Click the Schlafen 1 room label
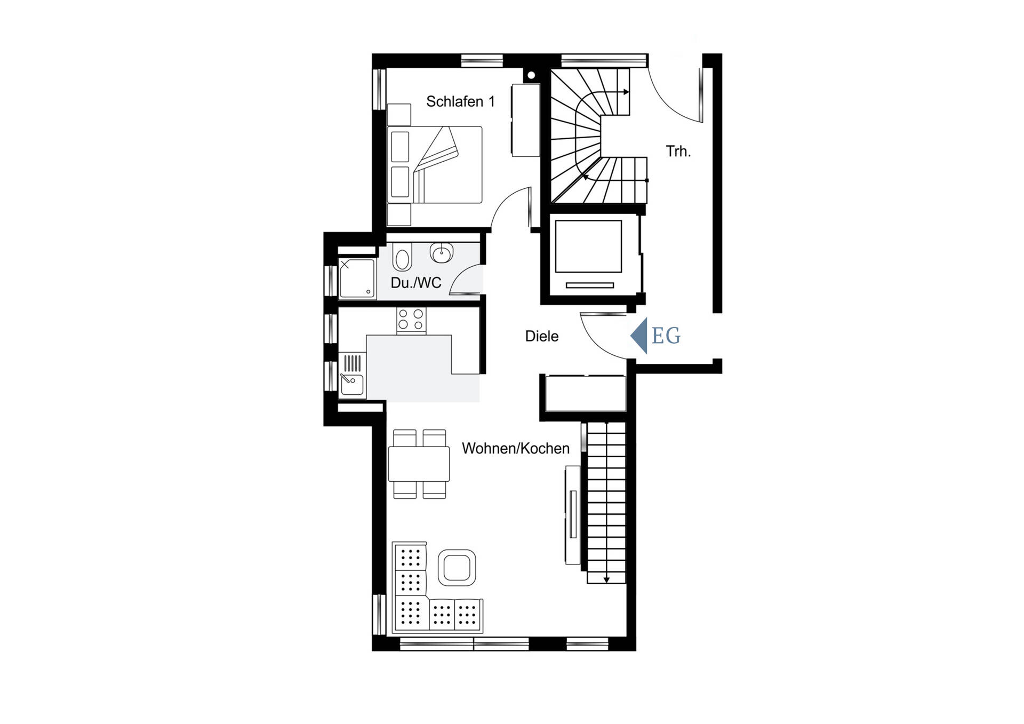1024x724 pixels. point(460,101)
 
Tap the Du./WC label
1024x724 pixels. point(416,283)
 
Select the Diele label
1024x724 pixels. point(542,336)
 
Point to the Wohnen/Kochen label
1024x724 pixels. point(515,448)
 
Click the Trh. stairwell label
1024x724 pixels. point(678,152)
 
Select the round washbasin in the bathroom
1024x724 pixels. point(442,253)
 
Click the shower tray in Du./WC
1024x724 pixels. point(357,278)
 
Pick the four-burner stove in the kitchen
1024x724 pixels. point(411,320)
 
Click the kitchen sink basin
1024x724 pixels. point(352,384)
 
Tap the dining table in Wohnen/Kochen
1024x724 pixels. point(419,464)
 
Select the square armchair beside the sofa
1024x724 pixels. point(457,568)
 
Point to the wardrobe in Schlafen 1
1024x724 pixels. point(525,120)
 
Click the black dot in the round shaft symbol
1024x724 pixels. point(531,75)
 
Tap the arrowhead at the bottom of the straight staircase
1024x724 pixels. point(606,579)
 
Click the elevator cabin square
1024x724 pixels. point(588,246)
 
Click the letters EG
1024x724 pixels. point(666,336)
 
